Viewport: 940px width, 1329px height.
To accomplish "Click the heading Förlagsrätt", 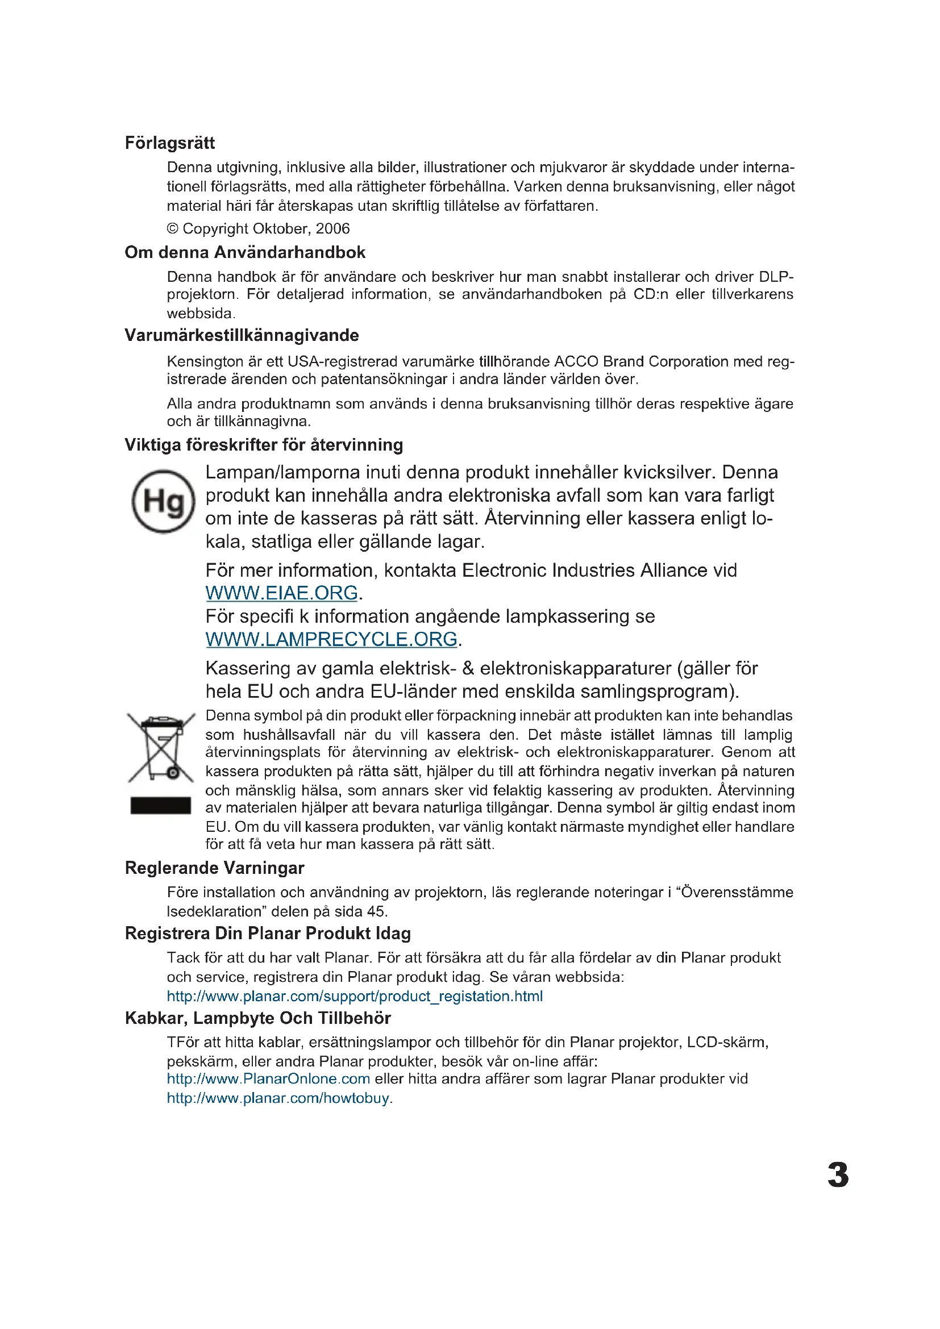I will coord(169,143).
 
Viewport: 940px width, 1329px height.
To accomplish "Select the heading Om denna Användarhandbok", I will coord(245,252).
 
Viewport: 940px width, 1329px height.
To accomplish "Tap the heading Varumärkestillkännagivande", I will coord(242,335).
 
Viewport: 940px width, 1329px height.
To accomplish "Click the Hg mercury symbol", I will coord(163,501).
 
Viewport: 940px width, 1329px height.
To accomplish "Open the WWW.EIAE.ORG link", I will coord(281,593).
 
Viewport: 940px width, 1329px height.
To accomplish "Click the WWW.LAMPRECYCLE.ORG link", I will coord(331,640).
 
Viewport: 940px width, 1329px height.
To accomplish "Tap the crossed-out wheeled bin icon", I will coord(161,747).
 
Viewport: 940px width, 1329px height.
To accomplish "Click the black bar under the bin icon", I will coord(160,805).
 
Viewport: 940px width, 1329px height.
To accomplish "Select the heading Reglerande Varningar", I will coord(214,868).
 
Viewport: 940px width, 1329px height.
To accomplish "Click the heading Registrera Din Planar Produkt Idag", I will coord(268,933).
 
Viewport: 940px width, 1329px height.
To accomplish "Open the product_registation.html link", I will coord(354,996).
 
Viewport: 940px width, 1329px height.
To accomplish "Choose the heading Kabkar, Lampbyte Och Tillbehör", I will coord(257,1018).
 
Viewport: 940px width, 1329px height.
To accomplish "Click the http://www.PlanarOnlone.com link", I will coord(268,1078).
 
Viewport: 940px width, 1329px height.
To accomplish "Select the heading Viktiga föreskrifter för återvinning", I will coord(263,444).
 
